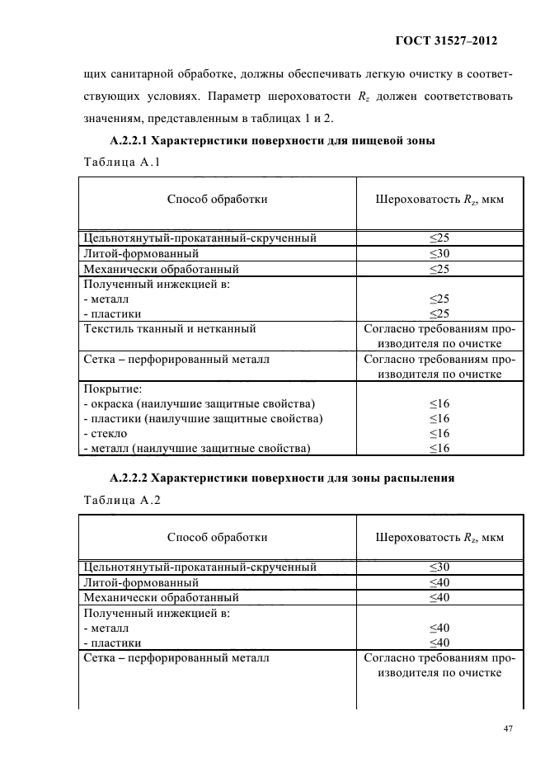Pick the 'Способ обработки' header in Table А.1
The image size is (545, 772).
(217, 199)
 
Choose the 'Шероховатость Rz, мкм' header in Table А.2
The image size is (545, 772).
(439, 537)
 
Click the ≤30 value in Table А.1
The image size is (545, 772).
(439, 254)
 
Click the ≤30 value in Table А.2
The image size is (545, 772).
(439, 567)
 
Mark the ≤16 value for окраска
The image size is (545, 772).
(439, 403)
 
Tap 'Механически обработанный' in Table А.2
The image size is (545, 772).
(162, 597)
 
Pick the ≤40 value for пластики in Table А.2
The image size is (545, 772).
(439, 643)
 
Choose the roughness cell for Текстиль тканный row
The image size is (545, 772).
(439, 337)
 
